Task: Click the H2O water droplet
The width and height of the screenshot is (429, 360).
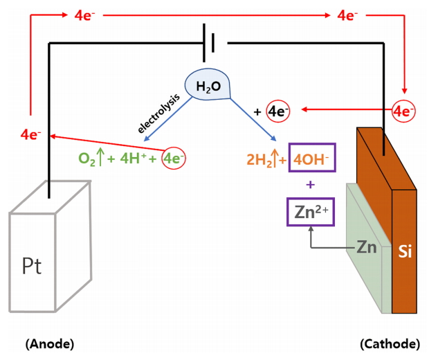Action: point(208,85)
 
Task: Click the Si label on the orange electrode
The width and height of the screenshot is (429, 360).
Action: point(405,252)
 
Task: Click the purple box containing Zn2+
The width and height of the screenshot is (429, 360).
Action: point(310,212)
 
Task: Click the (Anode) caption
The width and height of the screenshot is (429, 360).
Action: point(49,343)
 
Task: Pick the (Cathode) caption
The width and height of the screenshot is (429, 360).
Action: point(390,343)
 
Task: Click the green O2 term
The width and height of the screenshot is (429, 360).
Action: point(88,159)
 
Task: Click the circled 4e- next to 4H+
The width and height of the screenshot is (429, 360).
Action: point(173,159)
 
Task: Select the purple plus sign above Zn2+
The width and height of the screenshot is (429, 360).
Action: point(310,185)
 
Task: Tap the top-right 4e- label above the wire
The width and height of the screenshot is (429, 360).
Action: point(347,15)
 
